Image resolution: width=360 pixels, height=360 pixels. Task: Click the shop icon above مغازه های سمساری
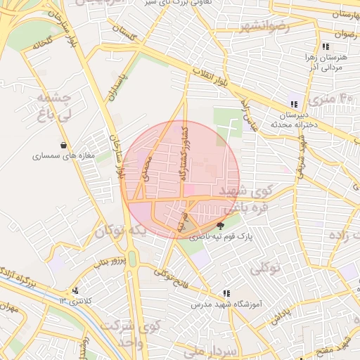[x=64, y=146]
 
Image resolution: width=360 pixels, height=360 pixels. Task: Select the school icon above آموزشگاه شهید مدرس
[x=226, y=293]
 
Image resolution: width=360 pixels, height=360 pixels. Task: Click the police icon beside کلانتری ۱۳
[x=75, y=290]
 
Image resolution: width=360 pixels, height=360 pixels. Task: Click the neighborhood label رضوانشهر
[x=264, y=26]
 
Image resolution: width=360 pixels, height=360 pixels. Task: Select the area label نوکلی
[x=264, y=267]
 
